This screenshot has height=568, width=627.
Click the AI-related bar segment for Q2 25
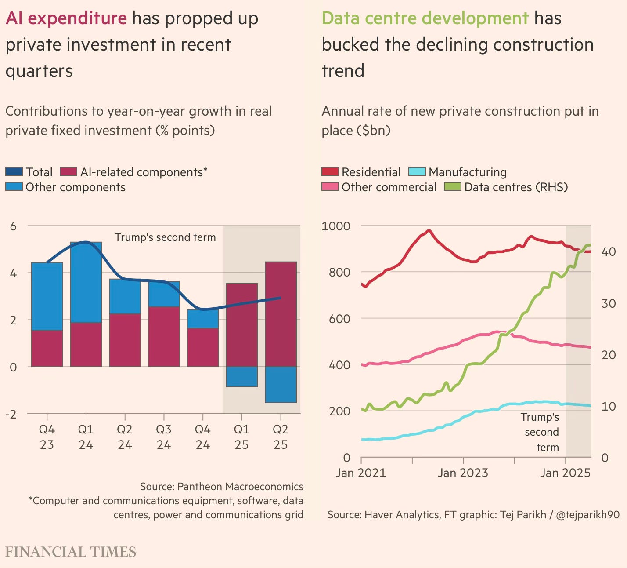(x=281, y=314)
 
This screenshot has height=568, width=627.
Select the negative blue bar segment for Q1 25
(x=241, y=377)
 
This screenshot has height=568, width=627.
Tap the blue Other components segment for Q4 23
(x=47, y=296)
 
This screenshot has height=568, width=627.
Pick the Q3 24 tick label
(x=164, y=437)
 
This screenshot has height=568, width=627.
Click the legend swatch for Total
(x=14, y=172)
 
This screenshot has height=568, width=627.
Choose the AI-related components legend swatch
(x=68, y=172)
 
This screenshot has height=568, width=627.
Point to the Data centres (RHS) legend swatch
(x=453, y=187)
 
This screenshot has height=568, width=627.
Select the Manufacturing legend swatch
(x=417, y=172)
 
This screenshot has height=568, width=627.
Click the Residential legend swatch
(x=330, y=172)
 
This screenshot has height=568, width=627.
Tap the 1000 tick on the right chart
(x=336, y=226)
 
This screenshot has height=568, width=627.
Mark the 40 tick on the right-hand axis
(x=608, y=252)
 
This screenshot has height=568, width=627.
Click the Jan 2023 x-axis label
(x=463, y=473)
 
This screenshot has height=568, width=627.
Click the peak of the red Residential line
(x=429, y=230)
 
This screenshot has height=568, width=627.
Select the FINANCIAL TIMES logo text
(x=71, y=552)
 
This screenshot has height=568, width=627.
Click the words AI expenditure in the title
(x=66, y=18)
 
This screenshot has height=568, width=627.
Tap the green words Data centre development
(x=425, y=18)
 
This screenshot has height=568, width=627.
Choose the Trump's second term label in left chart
(x=165, y=237)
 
